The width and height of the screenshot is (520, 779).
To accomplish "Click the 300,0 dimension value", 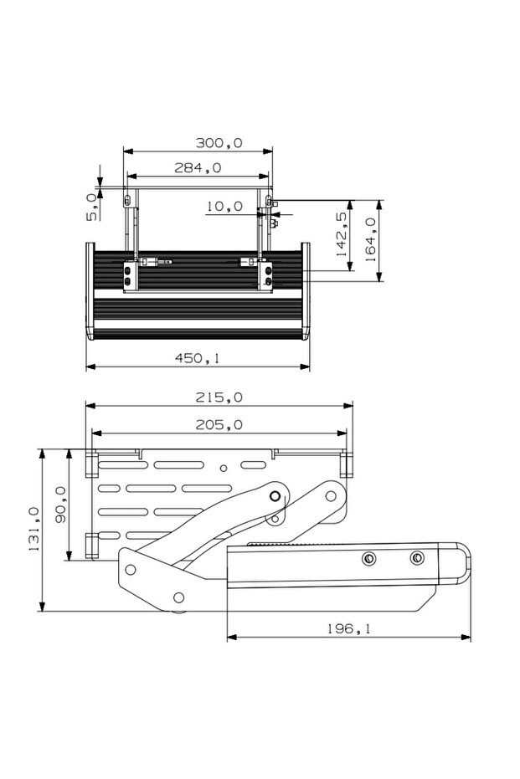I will point(219,143).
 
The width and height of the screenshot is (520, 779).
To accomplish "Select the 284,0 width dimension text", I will point(198,168).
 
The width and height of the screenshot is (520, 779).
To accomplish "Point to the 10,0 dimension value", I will point(224,206).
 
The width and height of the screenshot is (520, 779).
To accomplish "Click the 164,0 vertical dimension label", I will point(370,240).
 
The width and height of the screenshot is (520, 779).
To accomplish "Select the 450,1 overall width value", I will point(198,358).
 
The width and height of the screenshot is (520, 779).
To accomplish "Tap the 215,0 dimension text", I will point(219,397).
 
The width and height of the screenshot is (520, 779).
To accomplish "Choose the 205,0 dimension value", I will point(219,425).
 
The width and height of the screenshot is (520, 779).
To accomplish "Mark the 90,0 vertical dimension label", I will point(60,504).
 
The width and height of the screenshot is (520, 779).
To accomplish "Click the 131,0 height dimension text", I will point(34,529).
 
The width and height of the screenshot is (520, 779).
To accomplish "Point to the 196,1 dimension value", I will point(348,628).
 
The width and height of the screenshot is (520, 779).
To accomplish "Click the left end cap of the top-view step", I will point(89,289).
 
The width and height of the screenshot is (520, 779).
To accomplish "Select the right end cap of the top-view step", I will point(306,289).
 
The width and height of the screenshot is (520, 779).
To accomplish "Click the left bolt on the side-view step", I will point(367,559).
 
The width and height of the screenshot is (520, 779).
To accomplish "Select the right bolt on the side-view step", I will point(416,558).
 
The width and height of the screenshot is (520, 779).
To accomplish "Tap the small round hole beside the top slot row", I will point(223,469).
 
